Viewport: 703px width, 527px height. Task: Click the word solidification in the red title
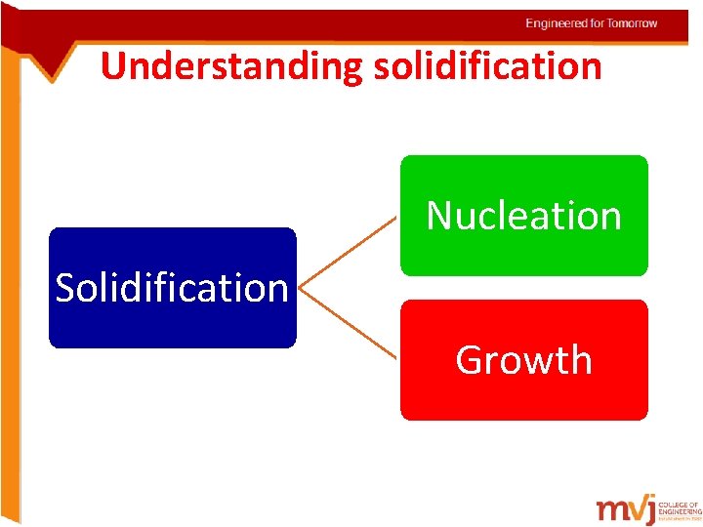click(486, 66)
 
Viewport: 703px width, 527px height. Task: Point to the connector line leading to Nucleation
click(350, 251)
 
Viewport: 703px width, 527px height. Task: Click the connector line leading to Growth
click(350, 324)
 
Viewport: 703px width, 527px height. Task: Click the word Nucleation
click(524, 216)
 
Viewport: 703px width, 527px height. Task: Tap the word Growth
click(524, 360)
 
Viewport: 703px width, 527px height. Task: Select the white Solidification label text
click(172, 288)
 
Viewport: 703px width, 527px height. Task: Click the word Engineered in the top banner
click(558, 23)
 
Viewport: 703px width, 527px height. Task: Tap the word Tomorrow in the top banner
click(633, 23)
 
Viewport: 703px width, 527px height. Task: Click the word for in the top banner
click(598, 23)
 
